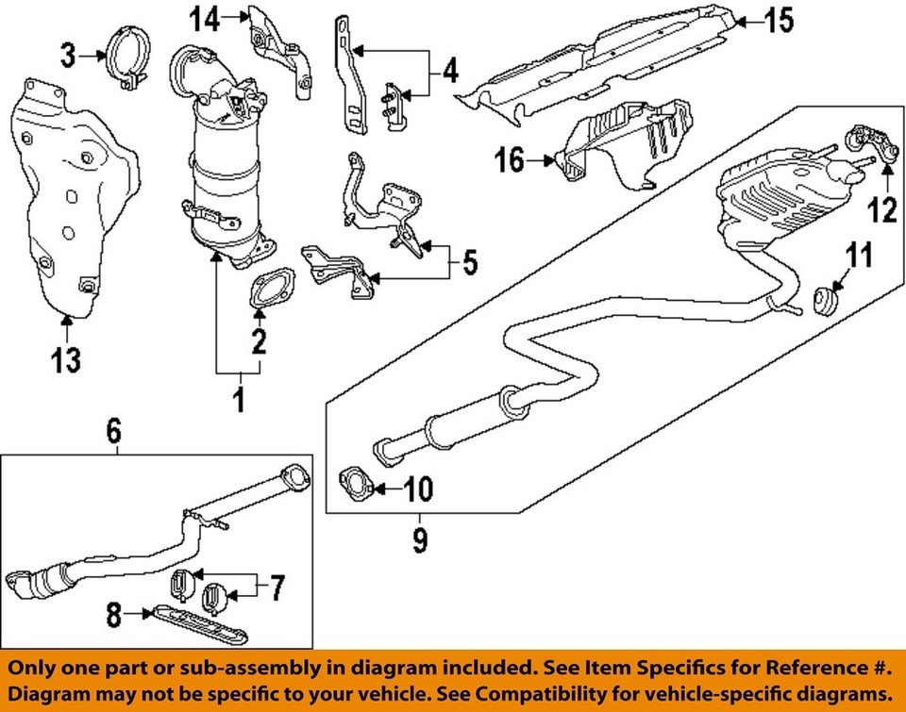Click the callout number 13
tap(66, 360)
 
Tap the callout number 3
tap(69, 56)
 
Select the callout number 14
tap(206, 20)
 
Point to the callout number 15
tap(779, 21)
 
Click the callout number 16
tap(509, 160)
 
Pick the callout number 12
tap(883, 209)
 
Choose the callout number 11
tap(859, 255)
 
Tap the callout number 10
tap(418, 489)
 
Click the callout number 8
tap(114, 615)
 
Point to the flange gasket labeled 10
tap(354, 487)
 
